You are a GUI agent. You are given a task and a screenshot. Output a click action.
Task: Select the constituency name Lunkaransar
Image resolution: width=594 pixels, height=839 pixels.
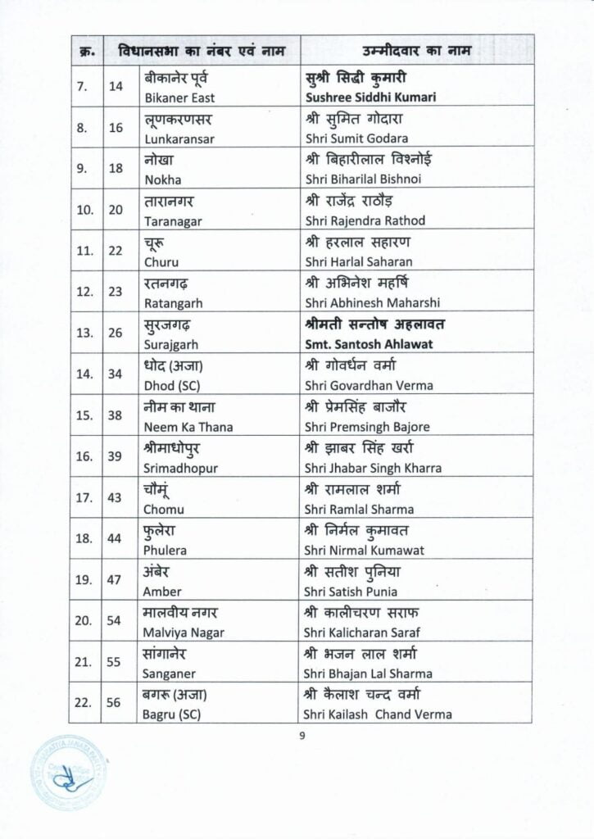click(179, 138)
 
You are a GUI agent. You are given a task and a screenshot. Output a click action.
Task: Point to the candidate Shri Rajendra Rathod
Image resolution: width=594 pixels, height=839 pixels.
click(365, 220)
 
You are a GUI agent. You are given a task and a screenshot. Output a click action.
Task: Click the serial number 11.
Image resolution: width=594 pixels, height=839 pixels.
click(84, 251)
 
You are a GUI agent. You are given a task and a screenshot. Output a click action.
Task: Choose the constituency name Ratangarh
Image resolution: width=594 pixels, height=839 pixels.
click(172, 303)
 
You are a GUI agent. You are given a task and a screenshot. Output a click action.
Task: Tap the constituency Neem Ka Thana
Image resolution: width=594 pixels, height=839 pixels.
click(188, 427)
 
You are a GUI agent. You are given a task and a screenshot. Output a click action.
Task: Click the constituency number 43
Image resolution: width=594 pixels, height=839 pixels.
click(116, 498)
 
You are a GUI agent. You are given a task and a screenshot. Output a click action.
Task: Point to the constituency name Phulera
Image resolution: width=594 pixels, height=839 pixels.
click(165, 550)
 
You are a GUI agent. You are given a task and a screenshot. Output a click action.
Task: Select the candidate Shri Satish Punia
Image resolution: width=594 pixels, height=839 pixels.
click(351, 592)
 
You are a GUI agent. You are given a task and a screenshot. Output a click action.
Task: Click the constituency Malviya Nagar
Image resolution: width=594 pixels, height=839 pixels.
click(184, 633)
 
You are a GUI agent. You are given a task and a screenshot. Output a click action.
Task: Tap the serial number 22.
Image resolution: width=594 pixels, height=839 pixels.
click(84, 703)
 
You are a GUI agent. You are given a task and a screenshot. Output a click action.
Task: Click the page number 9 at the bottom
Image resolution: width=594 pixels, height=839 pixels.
click(302, 735)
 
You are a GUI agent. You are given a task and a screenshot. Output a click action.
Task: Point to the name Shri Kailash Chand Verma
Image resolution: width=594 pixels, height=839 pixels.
click(378, 714)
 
